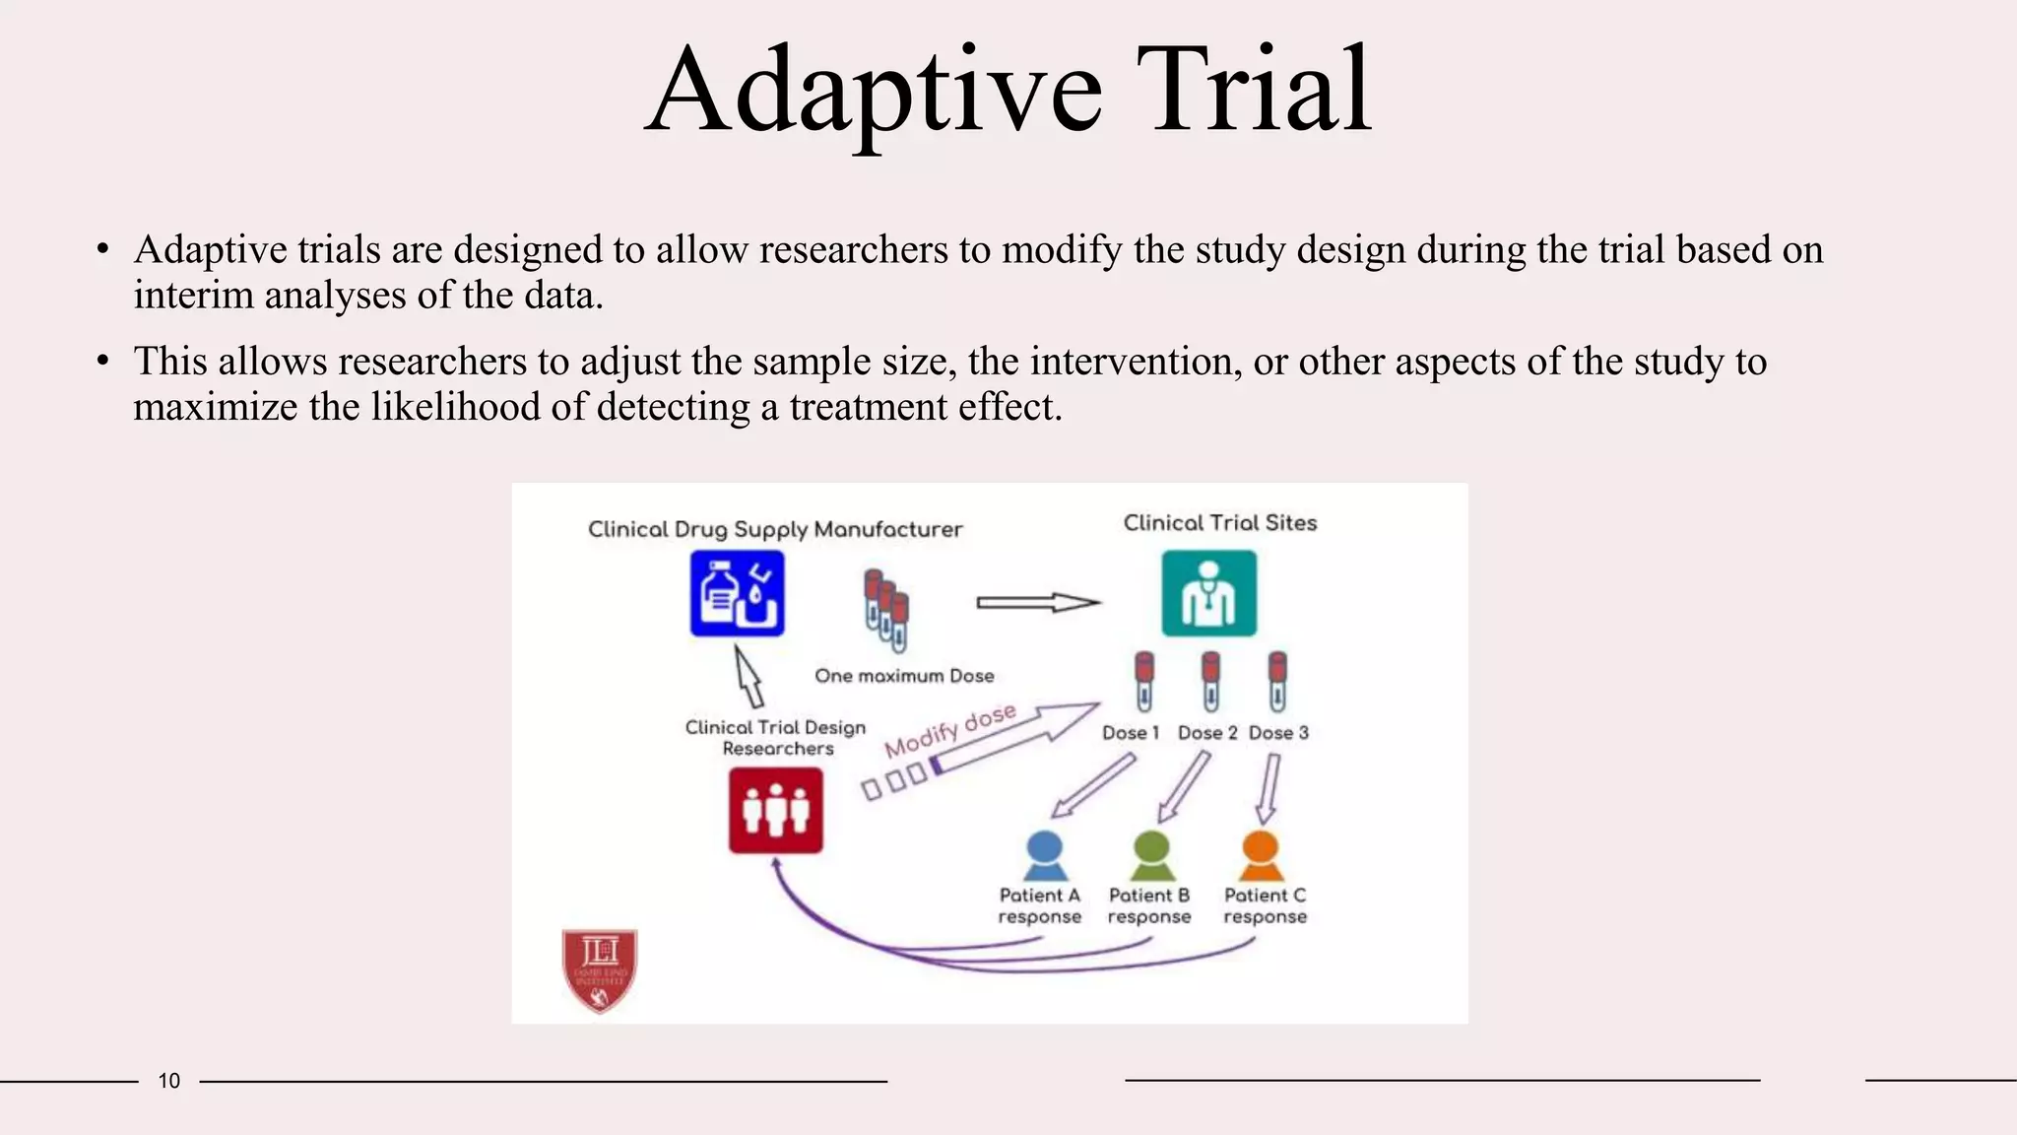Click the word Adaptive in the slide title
[x=873, y=91]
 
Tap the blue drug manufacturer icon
[x=737, y=593]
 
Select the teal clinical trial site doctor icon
[x=1208, y=593]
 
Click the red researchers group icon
[x=775, y=810]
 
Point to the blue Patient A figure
[x=1044, y=855]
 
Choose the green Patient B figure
[x=1150, y=855]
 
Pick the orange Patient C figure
[x=1261, y=855]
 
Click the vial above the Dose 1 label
[x=1143, y=681]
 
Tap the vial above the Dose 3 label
[x=1277, y=681]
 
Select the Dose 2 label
[x=1207, y=733]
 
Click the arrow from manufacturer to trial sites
[x=1037, y=602]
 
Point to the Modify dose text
[x=949, y=731]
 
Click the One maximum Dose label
[x=904, y=676]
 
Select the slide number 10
[x=169, y=1081]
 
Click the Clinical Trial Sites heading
[x=1219, y=523]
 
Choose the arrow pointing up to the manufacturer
[x=748, y=676]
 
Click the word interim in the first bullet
[x=193, y=296]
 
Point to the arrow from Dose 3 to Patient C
[x=1269, y=788]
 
